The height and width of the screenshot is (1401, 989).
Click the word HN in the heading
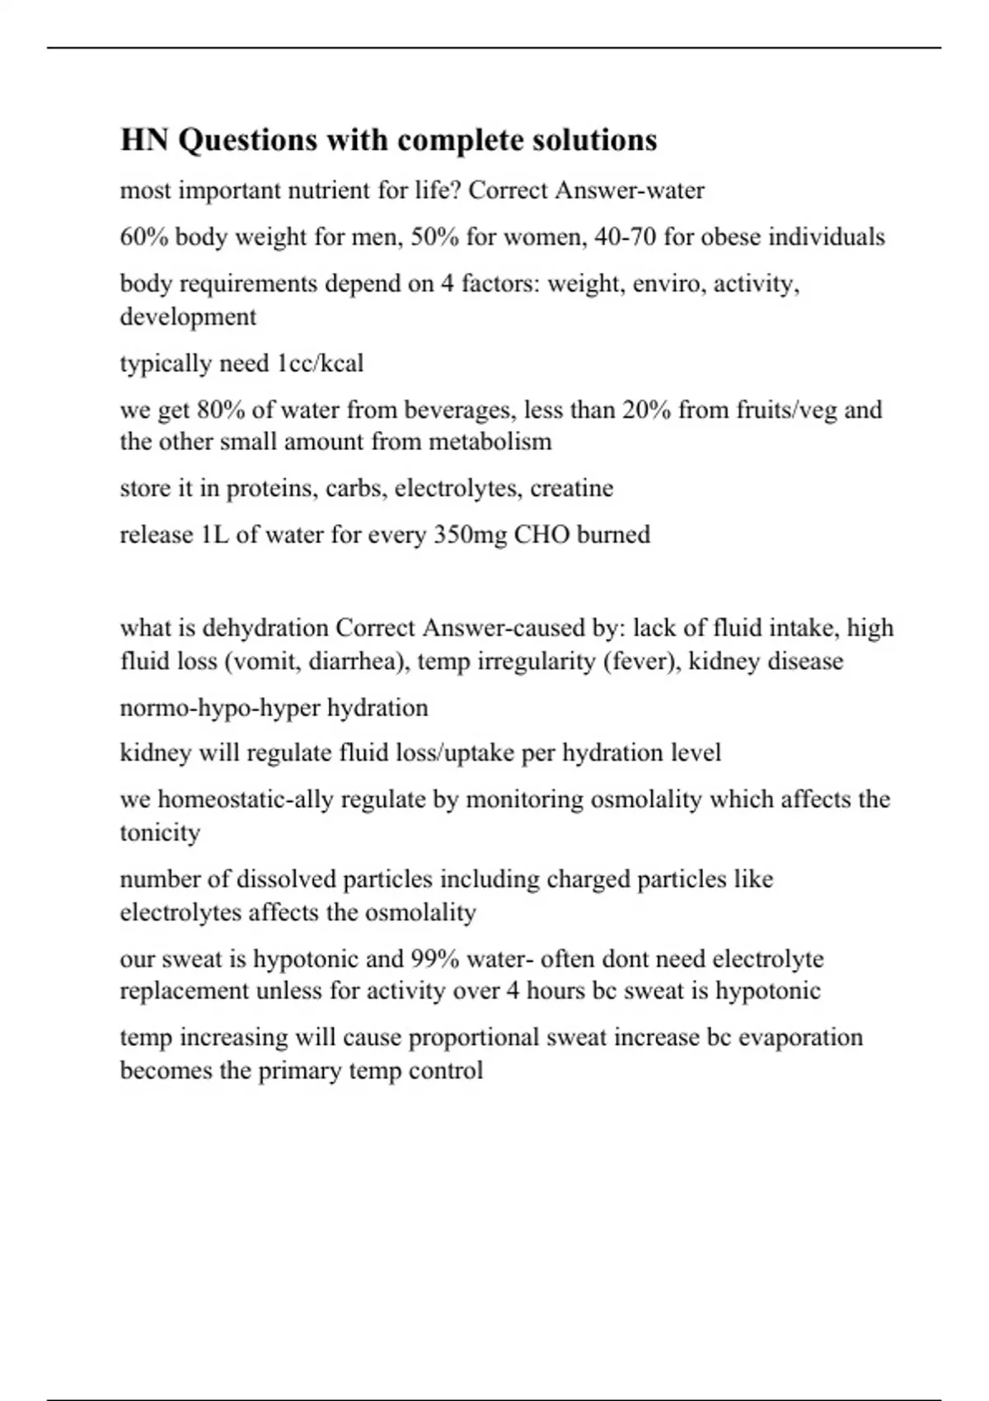pyautogui.click(x=145, y=140)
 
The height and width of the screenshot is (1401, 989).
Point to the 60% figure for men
pyautogui.click(x=144, y=237)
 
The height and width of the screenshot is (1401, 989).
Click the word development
pyautogui.click(x=188, y=316)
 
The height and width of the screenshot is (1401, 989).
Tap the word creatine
pyautogui.click(x=571, y=488)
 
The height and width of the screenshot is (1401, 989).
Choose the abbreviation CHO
pyautogui.click(x=541, y=535)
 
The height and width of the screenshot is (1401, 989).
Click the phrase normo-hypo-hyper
pyautogui.click(x=220, y=708)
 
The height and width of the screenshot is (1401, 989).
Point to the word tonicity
pyautogui.click(x=160, y=832)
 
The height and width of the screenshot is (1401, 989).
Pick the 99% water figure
pyautogui.click(x=428, y=959)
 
